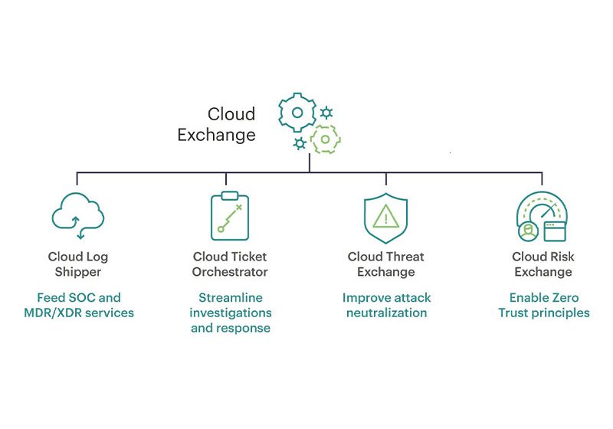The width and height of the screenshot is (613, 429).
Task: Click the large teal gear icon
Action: (x=297, y=112)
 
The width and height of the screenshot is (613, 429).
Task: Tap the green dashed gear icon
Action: (x=325, y=139)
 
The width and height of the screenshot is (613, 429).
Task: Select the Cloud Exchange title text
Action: (x=217, y=125)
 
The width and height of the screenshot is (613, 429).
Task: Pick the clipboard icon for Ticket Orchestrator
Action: (x=230, y=216)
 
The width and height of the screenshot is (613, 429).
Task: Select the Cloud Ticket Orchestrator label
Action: (x=230, y=264)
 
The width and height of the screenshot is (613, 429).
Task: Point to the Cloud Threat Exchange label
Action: (x=385, y=264)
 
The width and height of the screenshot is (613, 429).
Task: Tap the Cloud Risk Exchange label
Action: (x=543, y=264)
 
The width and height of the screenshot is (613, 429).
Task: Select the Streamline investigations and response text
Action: (x=230, y=313)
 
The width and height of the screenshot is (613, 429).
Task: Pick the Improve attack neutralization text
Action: (x=386, y=305)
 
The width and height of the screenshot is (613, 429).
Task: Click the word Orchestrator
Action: (x=230, y=272)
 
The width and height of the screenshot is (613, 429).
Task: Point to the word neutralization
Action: (x=386, y=313)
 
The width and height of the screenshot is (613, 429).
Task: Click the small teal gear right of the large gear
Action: (x=326, y=113)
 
